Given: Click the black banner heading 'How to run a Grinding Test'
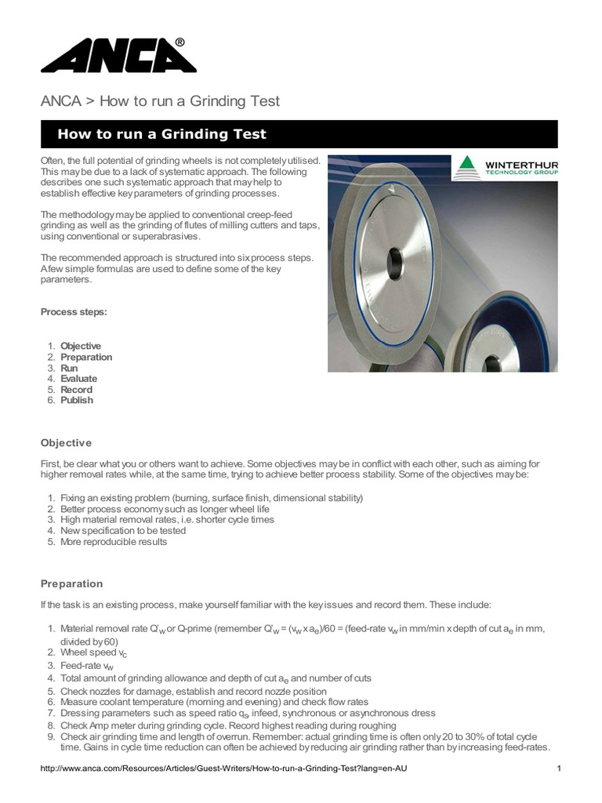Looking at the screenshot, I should tap(161, 134).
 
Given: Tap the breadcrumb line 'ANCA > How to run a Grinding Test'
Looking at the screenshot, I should tap(160, 101).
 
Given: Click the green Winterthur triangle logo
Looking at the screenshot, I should tap(469, 168).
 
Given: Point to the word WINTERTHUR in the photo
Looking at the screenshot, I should tap(521, 165).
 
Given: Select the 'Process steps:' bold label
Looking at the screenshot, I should tap(74, 312).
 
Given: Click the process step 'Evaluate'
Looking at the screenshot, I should tap(78, 378).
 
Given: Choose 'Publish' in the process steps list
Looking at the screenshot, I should tap(77, 400).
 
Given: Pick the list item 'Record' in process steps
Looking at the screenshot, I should tap(76, 389).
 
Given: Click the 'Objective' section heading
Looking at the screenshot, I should tap(66, 443).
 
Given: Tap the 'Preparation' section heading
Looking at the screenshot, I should tap(71, 583).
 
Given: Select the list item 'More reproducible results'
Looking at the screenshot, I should tap(114, 541).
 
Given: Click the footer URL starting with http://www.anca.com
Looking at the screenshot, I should tap(223, 768).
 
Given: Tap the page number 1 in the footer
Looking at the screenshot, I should tap(558, 768).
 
